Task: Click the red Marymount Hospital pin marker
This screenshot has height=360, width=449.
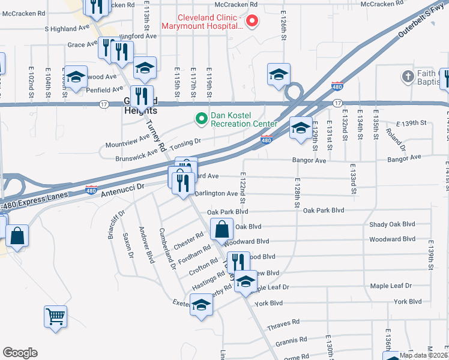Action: point(253,22)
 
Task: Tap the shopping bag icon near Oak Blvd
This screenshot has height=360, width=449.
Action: point(222,229)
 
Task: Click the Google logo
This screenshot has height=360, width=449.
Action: point(20,353)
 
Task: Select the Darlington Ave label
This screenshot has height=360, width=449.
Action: point(216,194)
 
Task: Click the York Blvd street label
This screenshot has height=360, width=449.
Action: point(268,303)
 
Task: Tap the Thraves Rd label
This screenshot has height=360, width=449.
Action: point(283,323)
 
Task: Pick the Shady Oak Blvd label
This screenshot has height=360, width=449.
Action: point(393,224)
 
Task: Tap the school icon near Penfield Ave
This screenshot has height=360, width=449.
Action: point(76,77)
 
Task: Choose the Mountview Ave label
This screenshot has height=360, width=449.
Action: point(127,141)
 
